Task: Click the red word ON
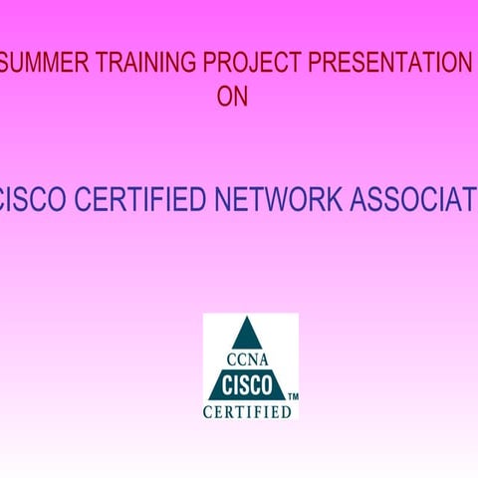coord(232,98)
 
